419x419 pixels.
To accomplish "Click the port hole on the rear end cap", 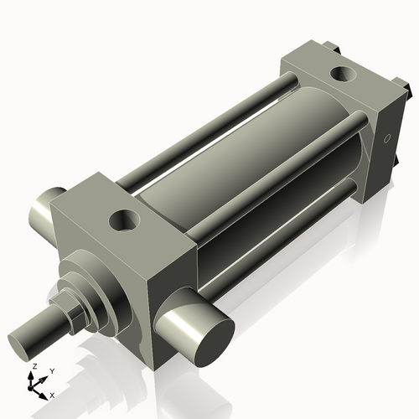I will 344,75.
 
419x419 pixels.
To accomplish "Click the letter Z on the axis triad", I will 34,367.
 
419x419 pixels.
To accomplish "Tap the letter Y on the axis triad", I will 51,370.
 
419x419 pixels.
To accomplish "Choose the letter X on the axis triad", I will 53,394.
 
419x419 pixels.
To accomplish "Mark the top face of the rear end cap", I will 335,80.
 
